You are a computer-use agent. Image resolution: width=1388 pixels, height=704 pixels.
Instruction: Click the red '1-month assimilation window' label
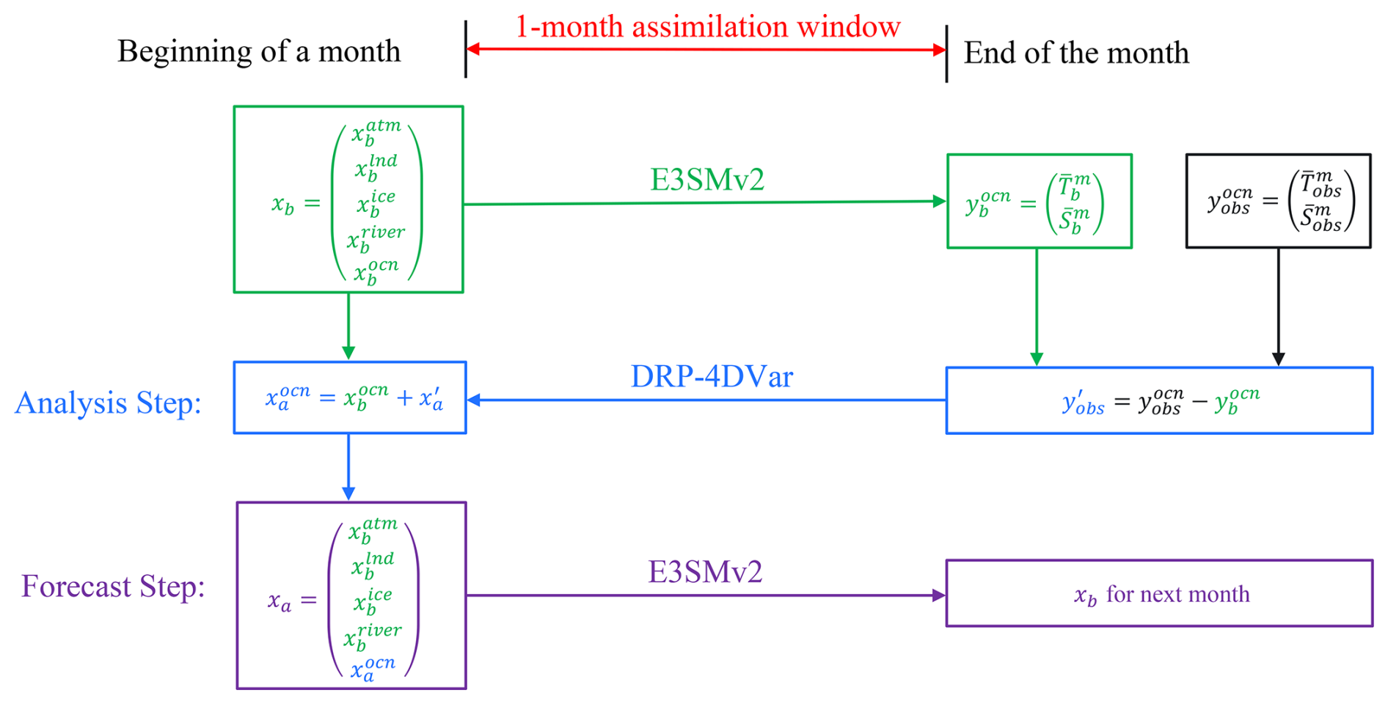pos(707,27)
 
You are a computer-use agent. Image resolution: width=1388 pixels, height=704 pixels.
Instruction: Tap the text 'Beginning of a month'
pos(259,52)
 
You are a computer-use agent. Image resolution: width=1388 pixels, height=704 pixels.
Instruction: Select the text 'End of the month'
pos(1075,54)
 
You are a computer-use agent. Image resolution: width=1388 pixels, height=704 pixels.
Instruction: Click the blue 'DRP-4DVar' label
pos(712,377)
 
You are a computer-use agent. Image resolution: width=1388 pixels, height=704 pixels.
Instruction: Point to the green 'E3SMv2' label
pos(707,180)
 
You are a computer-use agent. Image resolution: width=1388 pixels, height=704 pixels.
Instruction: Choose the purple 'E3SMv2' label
pos(705,572)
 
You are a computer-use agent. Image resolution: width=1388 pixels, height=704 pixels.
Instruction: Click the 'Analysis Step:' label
pos(109,403)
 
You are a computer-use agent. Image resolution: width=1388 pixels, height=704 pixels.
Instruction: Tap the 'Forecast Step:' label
pos(113,586)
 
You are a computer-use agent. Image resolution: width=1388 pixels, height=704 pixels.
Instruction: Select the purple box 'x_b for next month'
pos(1159,593)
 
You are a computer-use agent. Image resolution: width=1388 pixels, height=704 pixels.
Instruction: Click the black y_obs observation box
pos(1278,201)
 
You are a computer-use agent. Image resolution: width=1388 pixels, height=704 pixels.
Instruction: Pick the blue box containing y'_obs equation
pos(1159,400)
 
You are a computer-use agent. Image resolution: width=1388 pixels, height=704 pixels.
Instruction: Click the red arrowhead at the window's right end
pos(938,50)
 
